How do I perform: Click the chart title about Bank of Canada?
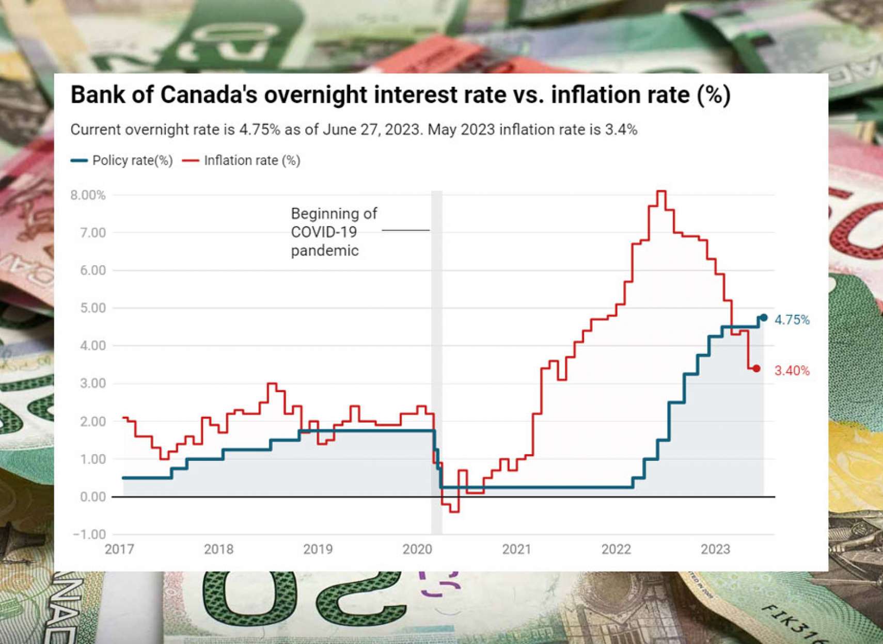(x=400, y=95)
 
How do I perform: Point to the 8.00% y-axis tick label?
(x=88, y=195)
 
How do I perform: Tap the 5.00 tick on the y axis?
(x=92, y=308)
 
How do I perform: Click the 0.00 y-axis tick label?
(x=92, y=497)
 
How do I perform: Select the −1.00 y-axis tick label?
(x=89, y=535)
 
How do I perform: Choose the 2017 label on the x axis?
(x=119, y=550)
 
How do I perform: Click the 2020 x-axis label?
(x=417, y=550)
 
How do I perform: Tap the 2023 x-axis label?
(x=715, y=550)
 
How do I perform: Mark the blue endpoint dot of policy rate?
(x=764, y=318)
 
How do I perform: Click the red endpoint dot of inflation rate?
(x=756, y=368)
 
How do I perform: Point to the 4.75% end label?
(x=792, y=320)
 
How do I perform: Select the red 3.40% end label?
(x=792, y=371)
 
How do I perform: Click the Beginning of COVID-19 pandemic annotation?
(x=333, y=232)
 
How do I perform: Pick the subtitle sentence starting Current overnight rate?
(x=354, y=130)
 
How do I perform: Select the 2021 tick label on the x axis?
(x=516, y=550)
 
